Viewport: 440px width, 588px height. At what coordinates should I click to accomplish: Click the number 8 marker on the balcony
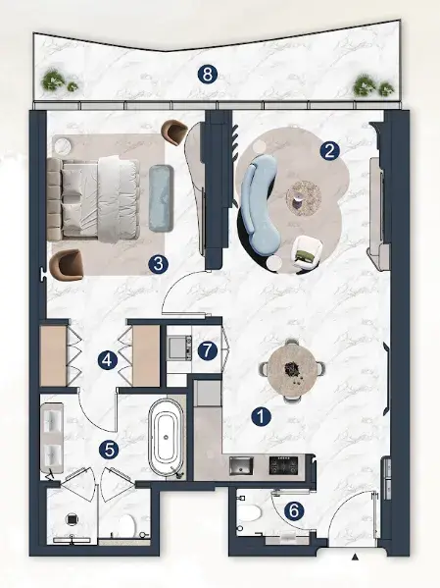(207, 75)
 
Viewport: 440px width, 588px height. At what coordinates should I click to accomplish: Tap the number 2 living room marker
(329, 151)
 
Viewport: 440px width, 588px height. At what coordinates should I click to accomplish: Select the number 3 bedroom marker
(158, 264)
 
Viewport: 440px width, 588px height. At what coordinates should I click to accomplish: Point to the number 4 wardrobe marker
(108, 360)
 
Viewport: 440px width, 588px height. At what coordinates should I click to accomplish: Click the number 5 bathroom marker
(109, 450)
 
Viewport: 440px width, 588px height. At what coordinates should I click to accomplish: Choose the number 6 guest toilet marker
(294, 511)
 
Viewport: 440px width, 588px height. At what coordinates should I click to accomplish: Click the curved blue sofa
(258, 202)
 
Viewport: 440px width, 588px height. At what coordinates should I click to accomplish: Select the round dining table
(292, 370)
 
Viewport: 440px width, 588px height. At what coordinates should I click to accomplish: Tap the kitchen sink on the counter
(241, 465)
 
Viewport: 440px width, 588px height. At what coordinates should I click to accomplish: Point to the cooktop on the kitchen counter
(283, 465)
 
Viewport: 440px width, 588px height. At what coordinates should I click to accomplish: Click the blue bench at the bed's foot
(162, 197)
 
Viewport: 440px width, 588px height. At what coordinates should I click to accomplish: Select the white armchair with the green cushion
(307, 252)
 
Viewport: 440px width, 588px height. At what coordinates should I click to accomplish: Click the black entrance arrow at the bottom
(356, 558)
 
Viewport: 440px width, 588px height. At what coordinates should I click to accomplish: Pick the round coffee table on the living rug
(304, 198)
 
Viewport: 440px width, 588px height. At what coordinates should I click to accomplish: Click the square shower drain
(72, 519)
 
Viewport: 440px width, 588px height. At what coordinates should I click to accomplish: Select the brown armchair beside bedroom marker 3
(67, 265)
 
